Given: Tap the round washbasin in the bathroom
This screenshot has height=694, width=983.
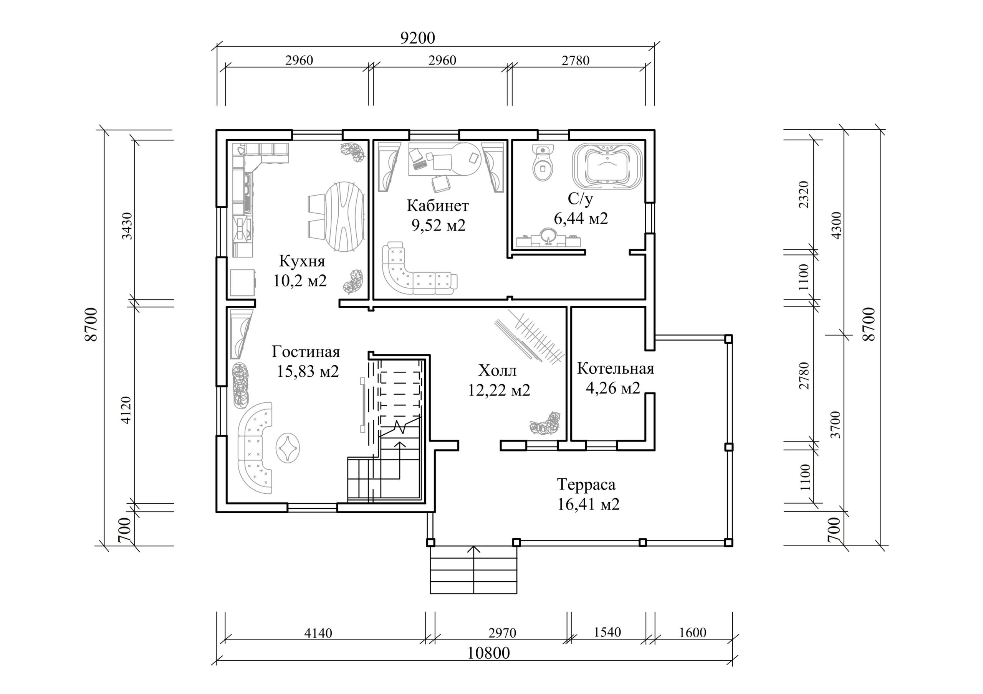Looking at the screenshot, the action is [x=548, y=236].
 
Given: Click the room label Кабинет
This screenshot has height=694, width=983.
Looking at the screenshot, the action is [x=438, y=206].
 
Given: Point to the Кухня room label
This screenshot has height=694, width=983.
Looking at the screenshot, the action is [x=302, y=261].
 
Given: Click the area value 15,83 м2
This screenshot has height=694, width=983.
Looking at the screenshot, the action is [x=308, y=371].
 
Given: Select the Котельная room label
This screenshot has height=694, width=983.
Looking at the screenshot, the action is [x=615, y=368].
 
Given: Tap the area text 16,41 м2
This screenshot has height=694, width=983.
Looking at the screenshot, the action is [x=588, y=504].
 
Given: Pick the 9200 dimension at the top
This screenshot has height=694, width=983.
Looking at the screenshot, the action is [x=417, y=38].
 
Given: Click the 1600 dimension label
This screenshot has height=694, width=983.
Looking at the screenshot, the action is [x=692, y=632].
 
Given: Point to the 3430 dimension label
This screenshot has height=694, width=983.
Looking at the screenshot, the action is [x=127, y=226].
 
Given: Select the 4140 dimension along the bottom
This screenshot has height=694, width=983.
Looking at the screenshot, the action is [x=318, y=633].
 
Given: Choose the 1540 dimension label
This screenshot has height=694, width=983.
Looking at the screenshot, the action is [x=607, y=632].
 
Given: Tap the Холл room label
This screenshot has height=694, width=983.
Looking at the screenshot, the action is [x=498, y=370].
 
